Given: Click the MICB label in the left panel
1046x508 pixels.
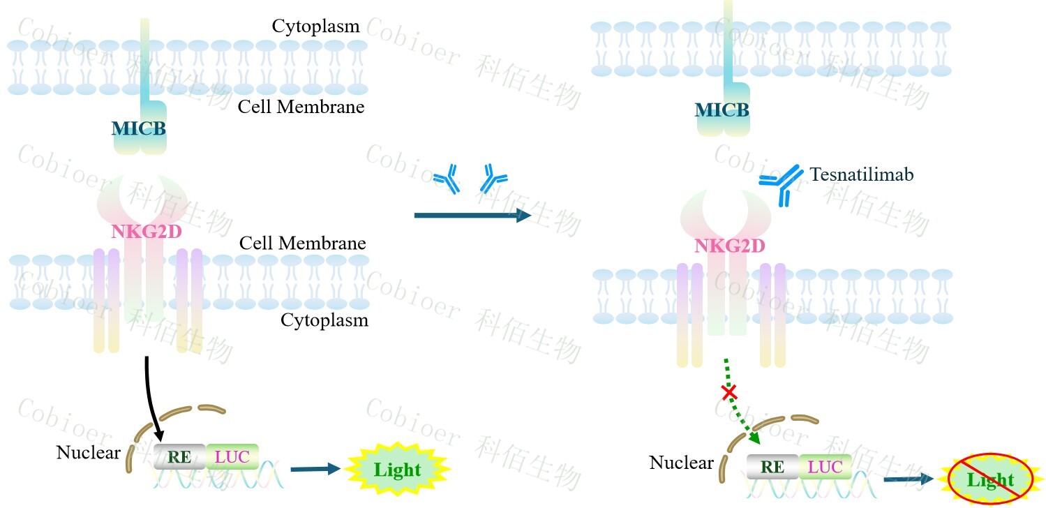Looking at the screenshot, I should click(140, 128).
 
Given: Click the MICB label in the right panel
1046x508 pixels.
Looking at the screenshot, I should click(722, 110).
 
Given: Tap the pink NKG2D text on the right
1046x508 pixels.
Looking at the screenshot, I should click(729, 246).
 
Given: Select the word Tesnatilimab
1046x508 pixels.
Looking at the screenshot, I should click(861, 174).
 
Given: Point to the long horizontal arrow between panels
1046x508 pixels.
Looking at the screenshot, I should click(472, 216).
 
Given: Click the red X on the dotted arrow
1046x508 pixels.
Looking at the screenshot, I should click(729, 393).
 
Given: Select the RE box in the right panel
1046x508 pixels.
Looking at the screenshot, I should click(772, 468).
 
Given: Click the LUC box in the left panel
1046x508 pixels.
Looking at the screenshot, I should click(232, 457).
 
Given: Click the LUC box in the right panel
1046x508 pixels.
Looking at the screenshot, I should click(825, 468).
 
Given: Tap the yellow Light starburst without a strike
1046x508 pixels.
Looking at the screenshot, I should click(397, 469).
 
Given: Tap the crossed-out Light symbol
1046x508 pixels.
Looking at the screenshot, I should click(990, 479).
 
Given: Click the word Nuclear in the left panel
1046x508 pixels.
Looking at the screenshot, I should click(88, 452).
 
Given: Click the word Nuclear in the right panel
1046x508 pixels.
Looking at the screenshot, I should click(681, 463).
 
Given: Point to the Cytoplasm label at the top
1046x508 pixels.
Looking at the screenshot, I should click(315, 27).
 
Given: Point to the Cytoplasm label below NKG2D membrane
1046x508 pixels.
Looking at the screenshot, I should click(324, 320).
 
